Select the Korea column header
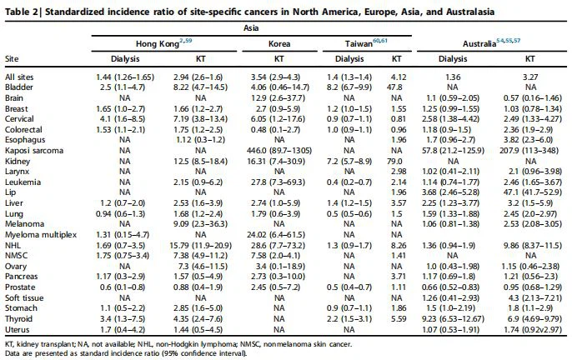tap(279, 40)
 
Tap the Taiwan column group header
tap(366, 40)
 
